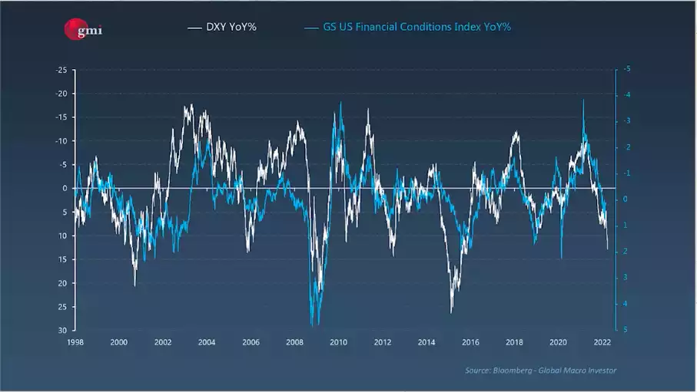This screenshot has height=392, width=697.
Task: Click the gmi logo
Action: click(x=82, y=29)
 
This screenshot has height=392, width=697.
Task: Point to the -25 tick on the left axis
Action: click(x=61, y=70)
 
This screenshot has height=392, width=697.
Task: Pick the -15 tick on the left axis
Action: click(x=61, y=117)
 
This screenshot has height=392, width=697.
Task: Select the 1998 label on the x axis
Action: click(x=75, y=342)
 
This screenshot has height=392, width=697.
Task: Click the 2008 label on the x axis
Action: click(x=294, y=342)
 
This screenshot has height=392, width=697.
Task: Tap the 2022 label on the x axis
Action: click(x=602, y=342)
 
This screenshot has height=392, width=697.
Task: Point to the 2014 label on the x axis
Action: click(x=426, y=342)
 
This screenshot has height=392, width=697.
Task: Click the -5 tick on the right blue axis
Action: click(x=627, y=70)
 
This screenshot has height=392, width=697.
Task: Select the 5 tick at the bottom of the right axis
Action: click(x=627, y=330)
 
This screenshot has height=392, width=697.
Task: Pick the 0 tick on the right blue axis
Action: click(x=627, y=199)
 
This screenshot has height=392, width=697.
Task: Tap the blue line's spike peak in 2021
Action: click(x=583, y=100)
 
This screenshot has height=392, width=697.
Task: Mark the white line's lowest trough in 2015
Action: click(x=451, y=312)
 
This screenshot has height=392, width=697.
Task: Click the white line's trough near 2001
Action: click(x=135, y=285)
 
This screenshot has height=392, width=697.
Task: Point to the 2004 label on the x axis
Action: click(x=207, y=342)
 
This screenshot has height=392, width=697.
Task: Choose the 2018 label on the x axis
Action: click(x=514, y=342)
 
